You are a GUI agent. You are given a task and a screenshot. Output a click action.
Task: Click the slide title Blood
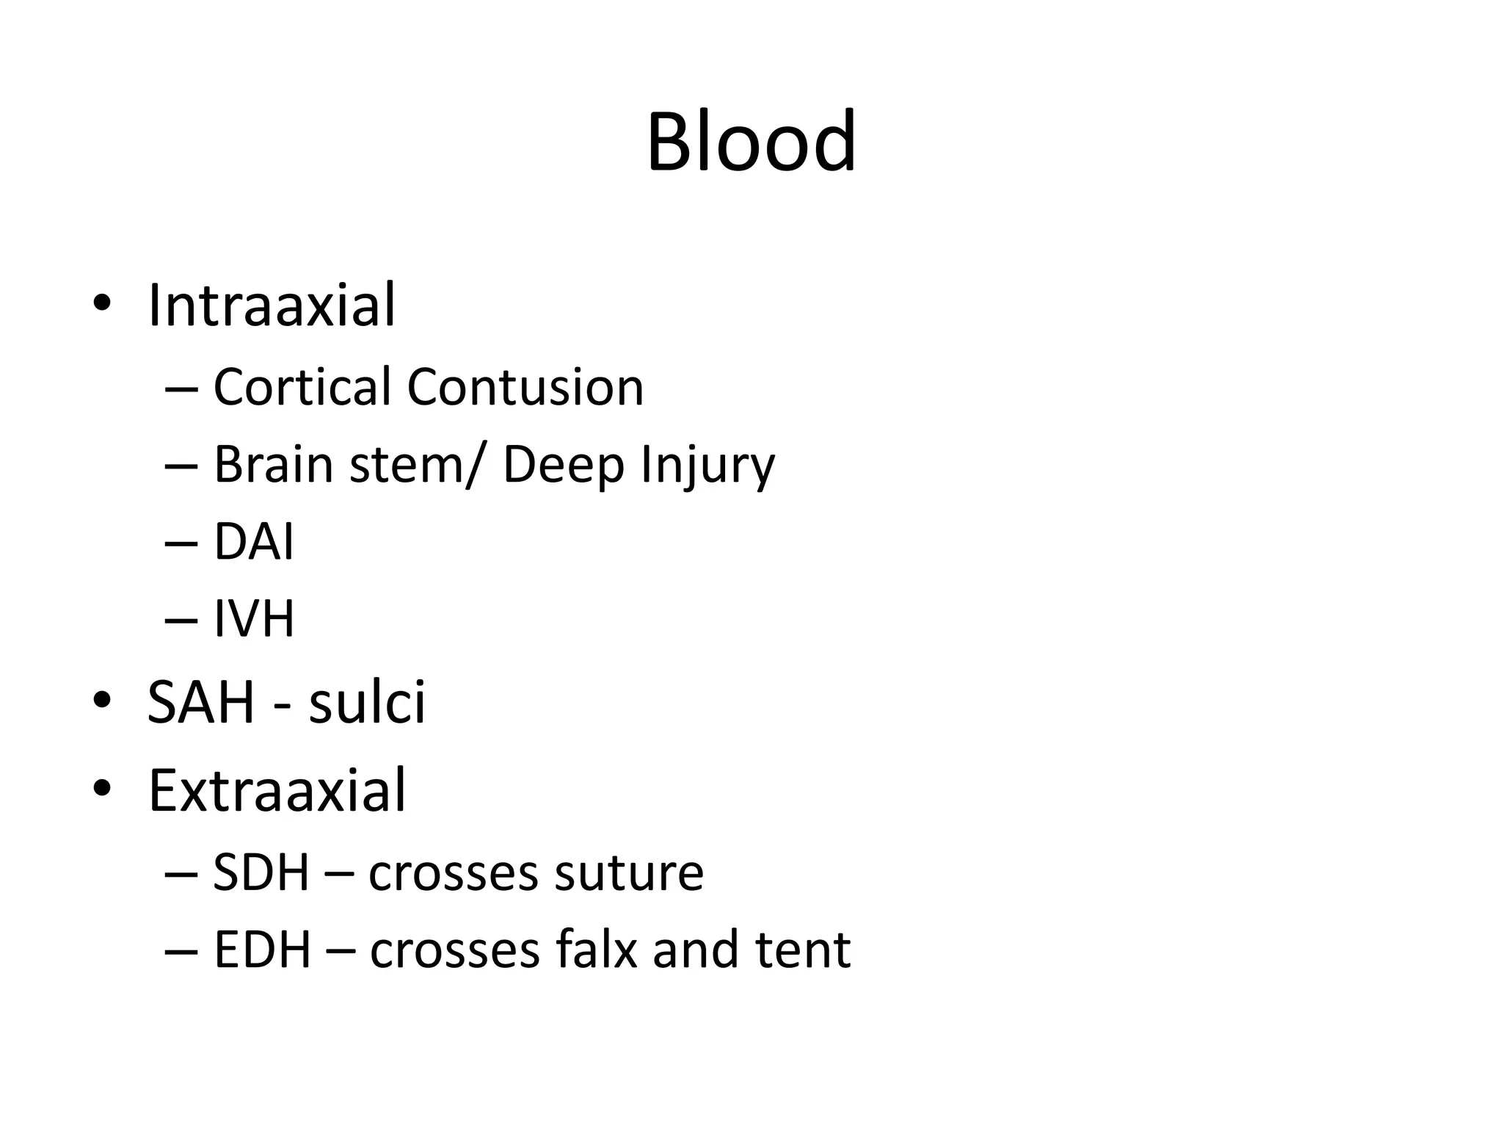(751, 142)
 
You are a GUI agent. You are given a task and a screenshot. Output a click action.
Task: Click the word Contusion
(525, 387)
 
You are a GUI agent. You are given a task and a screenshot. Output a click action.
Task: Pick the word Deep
(563, 466)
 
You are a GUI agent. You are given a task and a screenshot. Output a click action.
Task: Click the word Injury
(707, 466)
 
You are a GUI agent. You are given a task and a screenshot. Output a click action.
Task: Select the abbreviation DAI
(253, 542)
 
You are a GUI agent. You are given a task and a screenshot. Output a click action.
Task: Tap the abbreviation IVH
(254, 618)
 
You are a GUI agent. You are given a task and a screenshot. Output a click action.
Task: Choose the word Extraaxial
(277, 790)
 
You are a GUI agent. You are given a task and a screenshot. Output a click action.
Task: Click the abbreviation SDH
(261, 872)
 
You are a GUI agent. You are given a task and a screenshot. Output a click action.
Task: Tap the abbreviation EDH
(262, 950)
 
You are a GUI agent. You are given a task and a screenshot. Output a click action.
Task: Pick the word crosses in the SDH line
(454, 874)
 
